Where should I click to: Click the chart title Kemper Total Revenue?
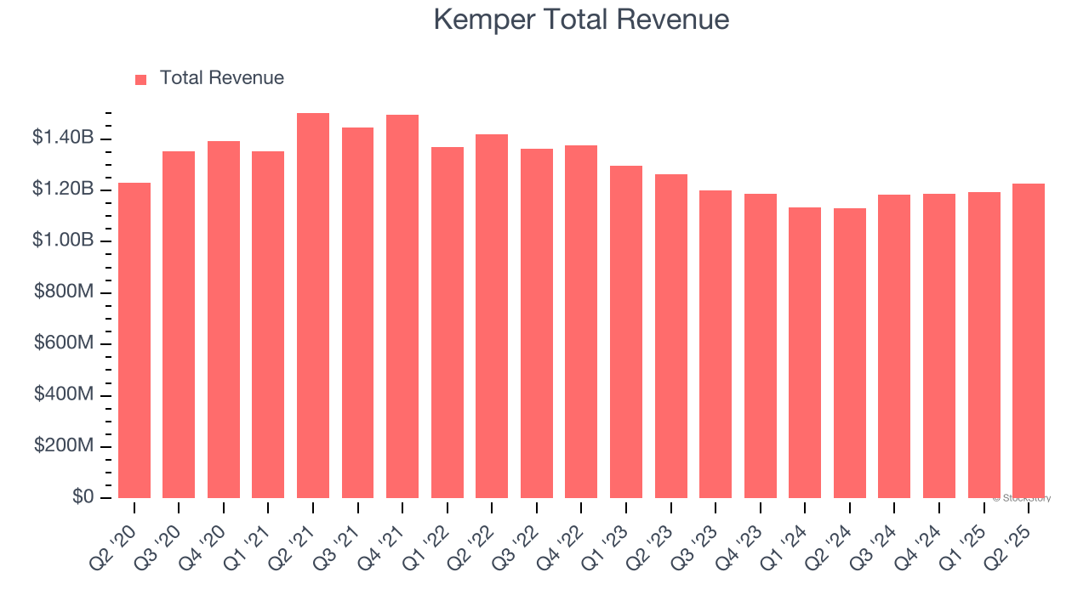(581, 20)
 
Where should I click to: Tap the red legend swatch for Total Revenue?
(141, 79)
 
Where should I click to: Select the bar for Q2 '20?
(134, 340)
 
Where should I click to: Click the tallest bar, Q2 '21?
(313, 306)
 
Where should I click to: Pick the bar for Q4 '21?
(402, 306)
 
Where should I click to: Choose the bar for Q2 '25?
(1028, 340)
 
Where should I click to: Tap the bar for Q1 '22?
(448, 322)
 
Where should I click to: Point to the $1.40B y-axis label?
(63, 138)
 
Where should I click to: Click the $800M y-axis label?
(64, 292)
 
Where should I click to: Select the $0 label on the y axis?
(83, 497)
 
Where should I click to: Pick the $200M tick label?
(64, 446)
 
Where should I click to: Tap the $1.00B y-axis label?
(63, 241)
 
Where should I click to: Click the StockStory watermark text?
(1022, 498)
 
